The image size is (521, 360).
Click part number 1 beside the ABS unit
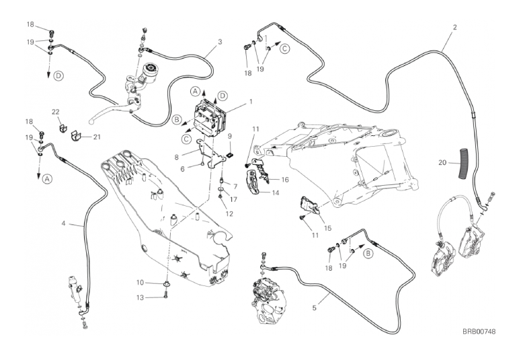pos(251,101)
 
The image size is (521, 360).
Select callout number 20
pos(442,163)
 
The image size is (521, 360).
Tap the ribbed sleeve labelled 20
pos(463,164)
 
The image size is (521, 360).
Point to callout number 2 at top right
pos(455,27)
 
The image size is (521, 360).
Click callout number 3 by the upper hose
pos(220,42)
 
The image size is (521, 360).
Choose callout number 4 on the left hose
pos(63,223)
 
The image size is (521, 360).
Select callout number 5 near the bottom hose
pos(315,308)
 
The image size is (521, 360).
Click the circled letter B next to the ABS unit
pos(177,120)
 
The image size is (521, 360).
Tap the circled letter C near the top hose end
pos(285,48)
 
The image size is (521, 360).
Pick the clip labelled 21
pos(77,136)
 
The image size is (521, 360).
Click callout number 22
pos(56,112)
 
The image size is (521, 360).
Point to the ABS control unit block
pos(210,118)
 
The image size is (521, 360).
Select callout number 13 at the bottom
pos(141,297)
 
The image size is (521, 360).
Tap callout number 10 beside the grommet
pos(141,283)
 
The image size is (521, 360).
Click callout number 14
pos(275,192)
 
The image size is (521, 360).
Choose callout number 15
pos(327,228)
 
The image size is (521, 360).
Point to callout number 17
pos(233,200)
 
